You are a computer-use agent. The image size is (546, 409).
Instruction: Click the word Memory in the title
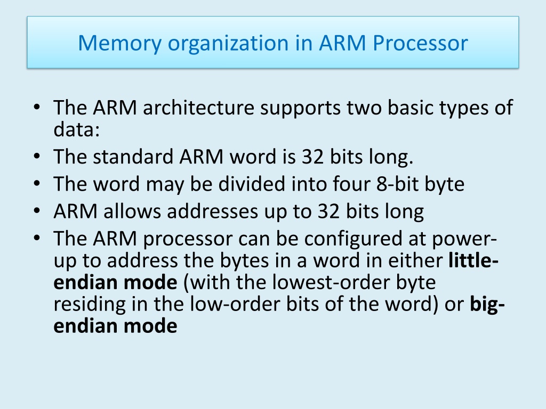(x=120, y=44)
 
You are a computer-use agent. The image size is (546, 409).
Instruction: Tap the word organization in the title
(x=228, y=44)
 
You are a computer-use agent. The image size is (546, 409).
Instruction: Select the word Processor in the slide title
(x=420, y=44)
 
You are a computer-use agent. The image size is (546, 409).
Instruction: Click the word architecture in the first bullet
(x=198, y=107)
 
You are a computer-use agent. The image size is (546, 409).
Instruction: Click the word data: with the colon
(x=77, y=129)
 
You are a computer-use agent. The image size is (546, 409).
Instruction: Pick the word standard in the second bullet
(x=133, y=157)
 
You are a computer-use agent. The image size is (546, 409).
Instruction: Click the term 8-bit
(x=397, y=184)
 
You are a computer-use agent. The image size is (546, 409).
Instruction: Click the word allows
(x=132, y=211)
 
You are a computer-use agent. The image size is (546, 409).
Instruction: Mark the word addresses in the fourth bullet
(x=212, y=211)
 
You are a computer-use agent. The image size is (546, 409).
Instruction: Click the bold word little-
(x=473, y=260)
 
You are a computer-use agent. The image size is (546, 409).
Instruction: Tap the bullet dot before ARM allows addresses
(x=37, y=211)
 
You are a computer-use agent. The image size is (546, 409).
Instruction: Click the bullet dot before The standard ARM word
(x=37, y=156)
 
